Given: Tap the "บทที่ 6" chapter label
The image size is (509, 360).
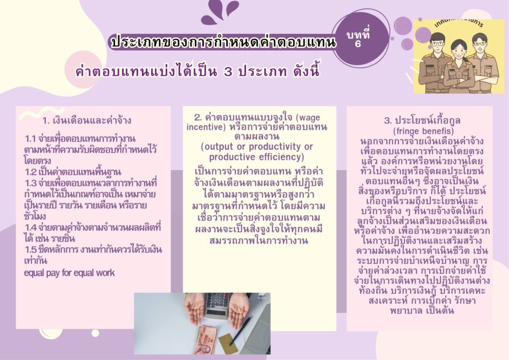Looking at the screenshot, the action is pos(358,38).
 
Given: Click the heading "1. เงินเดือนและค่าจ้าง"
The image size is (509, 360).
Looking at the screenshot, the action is pos(86,121).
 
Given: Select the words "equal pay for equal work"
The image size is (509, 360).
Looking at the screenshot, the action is pos(70,272).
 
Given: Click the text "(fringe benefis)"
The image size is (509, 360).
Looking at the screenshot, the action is pos(423,131).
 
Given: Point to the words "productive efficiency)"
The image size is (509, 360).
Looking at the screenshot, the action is pos(256,157).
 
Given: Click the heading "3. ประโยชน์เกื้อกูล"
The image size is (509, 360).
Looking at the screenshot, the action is pos(423,120).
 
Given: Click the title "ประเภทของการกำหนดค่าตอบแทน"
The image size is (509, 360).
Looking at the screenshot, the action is pos(223,43).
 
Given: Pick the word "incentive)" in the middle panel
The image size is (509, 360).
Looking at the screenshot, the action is pos(206,127).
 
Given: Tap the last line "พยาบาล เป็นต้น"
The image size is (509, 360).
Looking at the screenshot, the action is pos(422,310).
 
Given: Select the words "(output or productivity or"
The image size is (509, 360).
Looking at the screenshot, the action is pos(257,147).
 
